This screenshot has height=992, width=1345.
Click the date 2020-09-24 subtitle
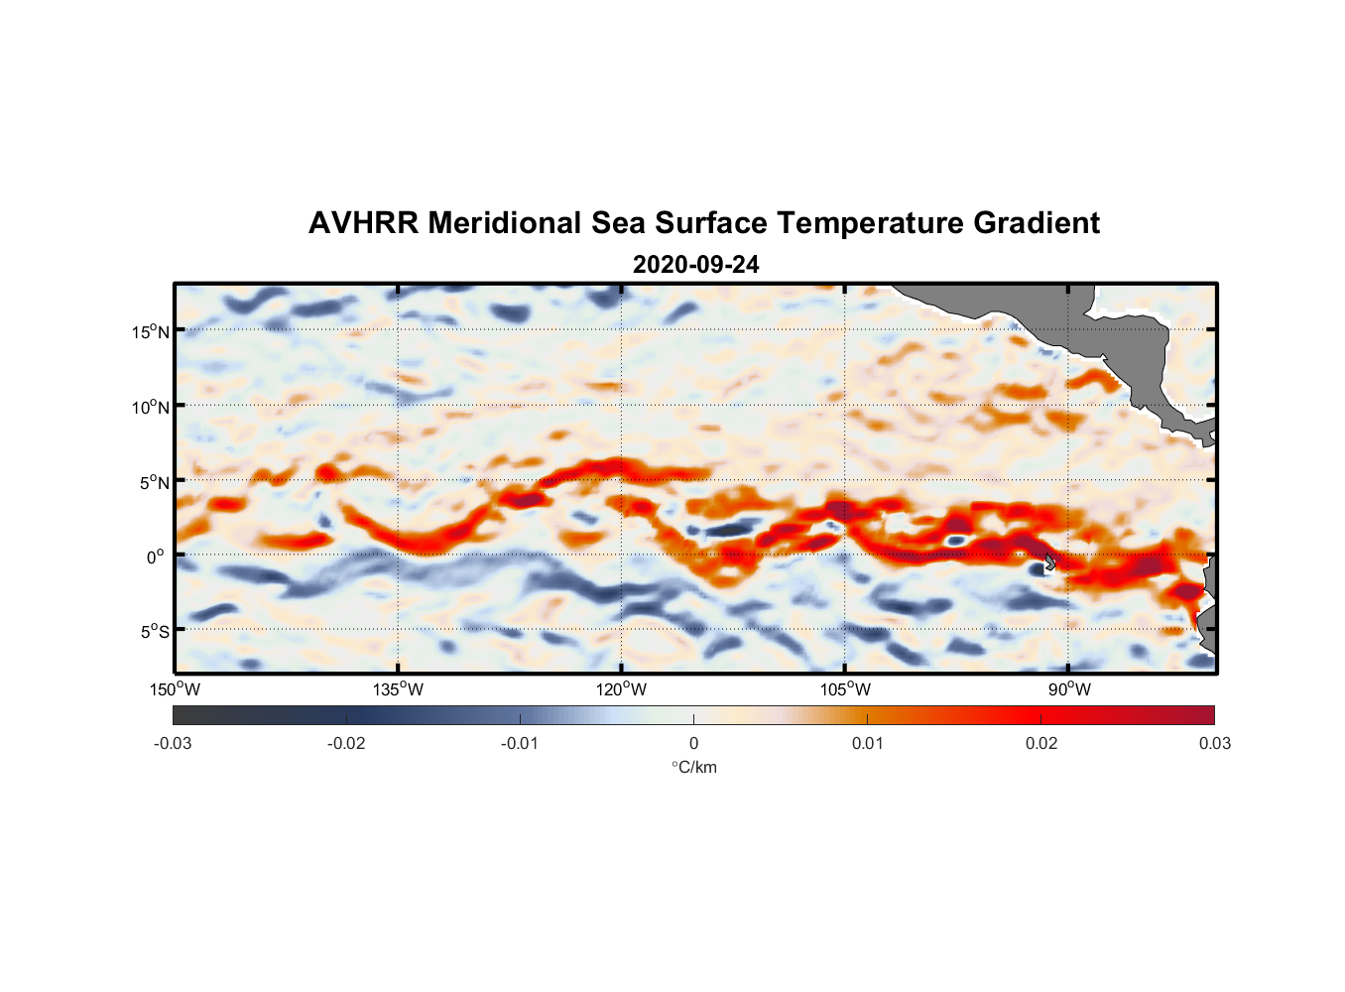695,265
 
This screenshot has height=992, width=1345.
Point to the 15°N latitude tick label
150,331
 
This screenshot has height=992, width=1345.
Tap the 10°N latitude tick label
150,407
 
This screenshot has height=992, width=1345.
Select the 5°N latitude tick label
154,482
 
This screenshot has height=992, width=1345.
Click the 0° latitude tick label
156,557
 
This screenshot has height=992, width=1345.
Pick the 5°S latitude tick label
154,632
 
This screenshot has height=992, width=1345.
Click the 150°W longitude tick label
175,689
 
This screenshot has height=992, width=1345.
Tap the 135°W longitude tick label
398,689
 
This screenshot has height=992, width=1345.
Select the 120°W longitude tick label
621,689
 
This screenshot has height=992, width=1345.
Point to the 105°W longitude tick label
845,689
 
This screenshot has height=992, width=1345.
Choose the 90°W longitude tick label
1069,689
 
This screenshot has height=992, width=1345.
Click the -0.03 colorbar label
173,743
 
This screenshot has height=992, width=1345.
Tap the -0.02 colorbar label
346,743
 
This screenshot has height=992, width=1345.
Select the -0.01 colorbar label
520,743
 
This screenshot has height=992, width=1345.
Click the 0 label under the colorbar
693,743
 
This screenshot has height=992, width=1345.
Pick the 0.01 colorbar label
867,743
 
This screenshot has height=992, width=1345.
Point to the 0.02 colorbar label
1040,743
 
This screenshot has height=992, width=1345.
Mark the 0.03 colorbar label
1214,743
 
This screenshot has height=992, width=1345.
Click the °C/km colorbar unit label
693,767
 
